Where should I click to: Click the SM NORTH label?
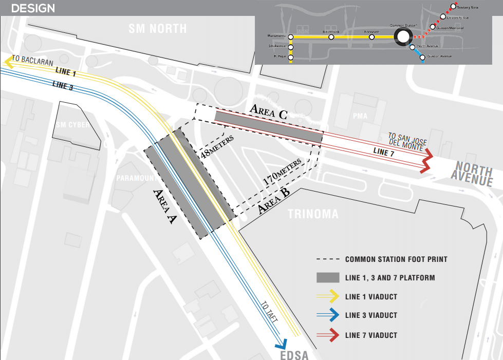(x=158, y=28)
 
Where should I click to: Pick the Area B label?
(x=274, y=201)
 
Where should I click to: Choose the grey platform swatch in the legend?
(x=328, y=278)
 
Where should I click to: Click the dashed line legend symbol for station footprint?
(x=328, y=259)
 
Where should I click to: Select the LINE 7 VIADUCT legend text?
(x=371, y=335)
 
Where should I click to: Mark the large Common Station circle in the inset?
(x=402, y=36)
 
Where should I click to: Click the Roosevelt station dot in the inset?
(x=371, y=37)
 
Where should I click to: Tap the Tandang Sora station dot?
(x=454, y=7)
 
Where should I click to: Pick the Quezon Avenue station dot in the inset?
(x=422, y=57)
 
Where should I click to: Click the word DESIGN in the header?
(x=33, y=8)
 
